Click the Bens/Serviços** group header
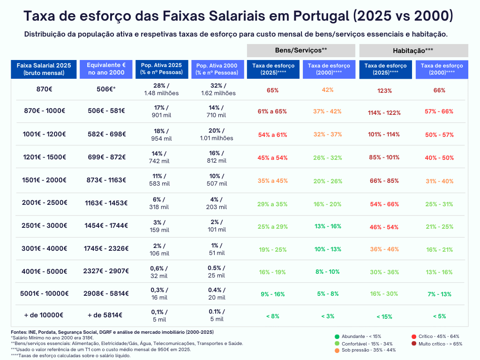click(x=301, y=50)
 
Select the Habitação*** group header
click(x=413, y=50)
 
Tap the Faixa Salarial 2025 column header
click(x=44, y=69)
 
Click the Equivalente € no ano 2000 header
click(x=106, y=69)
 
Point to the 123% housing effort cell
click(x=384, y=90)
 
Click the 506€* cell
click(x=106, y=89)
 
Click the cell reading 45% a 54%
click(x=272, y=158)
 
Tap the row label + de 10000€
click(x=44, y=315)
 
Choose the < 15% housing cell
click(x=384, y=316)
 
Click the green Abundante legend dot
click(x=337, y=337)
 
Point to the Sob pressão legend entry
click(x=365, y=350)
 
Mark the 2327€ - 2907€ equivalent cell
click(x=106, y=271)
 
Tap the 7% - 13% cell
click(x=439, y=294)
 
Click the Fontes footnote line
click(x=112, y=332)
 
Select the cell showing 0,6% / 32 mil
click(x=159, y=272)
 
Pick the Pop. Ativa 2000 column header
click(x=217, y=69)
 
